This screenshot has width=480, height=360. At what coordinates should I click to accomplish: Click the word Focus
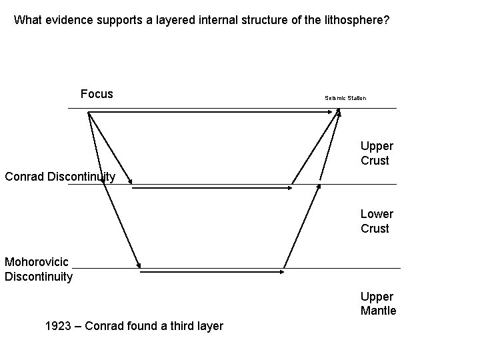pyautogui.click(x=97, y=94)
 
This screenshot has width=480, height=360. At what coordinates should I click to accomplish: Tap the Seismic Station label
pyautogui.click(x=345, y=98)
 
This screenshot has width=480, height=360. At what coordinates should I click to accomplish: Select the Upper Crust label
pyautogui.click(x=376, y=153)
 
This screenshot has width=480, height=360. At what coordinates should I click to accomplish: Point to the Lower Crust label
pyautogui.click(x=376, y=221)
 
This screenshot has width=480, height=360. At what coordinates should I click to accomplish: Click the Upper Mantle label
pyautogui.click(x=378, y=303)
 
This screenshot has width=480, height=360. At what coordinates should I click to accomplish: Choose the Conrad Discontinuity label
pyautogui.click(x=60, y=177)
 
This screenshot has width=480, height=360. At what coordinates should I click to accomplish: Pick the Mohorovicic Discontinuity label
pyautogui.click(x=38, y=269)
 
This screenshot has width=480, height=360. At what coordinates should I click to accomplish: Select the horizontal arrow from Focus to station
pyautogui.click(x=213, y=113)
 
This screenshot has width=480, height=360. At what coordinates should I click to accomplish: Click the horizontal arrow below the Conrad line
pyautogui.click(x=212, y=188)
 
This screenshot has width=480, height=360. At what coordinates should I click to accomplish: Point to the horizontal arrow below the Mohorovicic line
pyautogui.click(x=212, y=271)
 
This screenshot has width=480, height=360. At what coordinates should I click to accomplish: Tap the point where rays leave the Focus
pyautogui.click(x=88, y=112)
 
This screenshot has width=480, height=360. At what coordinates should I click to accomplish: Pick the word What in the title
pyautogui.click(x=27, y=20)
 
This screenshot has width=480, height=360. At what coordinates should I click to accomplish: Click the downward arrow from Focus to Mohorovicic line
pyautogui.click(x=115, y=193)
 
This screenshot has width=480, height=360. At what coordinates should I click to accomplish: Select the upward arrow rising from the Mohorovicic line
pyautogui.click(x=302, y=223)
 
